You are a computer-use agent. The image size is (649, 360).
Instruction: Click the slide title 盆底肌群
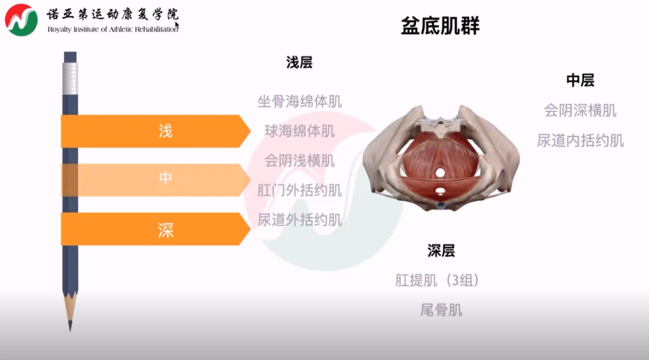click(440, 26)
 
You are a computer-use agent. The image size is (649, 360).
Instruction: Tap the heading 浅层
click(299, 63)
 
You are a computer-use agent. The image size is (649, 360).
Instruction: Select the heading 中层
click(580, 81)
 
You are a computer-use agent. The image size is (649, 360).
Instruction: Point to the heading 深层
click(441, 251)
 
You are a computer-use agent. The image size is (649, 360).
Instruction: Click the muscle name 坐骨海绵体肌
click(300, 102)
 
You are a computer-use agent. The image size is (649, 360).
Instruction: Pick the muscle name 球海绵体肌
click(300, 131)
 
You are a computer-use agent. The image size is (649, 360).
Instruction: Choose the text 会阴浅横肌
click(300, 160)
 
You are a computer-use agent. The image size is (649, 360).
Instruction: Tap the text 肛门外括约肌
click(300, 191)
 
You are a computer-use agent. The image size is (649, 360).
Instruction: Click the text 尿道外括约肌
click(300, 220)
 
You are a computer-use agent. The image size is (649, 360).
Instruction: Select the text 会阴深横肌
click(580, 111)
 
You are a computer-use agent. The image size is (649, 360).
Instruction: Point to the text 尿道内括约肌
click(580, 141)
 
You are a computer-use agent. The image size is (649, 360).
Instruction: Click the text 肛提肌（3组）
click(437, 281)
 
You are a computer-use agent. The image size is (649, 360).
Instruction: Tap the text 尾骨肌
click(441, 310)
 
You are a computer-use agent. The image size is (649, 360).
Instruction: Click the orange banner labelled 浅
click(155, 131)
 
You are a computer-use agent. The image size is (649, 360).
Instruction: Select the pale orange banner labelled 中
click(155, 180)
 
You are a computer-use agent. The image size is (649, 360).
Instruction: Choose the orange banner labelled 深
click(155, 229)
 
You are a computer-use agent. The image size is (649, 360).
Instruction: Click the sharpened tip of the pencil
click(70, 330)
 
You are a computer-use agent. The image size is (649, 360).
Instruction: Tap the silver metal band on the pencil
click(70, 79)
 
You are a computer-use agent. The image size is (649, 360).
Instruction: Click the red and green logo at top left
click(21, 20)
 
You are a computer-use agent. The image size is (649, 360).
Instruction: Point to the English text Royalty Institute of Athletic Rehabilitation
click(112, 29)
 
